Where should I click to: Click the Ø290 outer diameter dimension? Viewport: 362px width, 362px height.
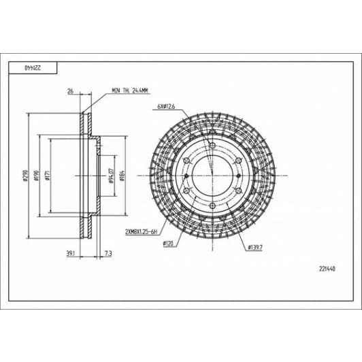[x=24, y=176]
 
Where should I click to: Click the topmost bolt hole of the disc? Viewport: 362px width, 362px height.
[x=212, y=147]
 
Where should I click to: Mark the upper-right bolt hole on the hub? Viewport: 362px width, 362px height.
[x=237, y=161]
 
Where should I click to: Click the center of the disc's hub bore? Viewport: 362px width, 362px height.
[x=212, y=176]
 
